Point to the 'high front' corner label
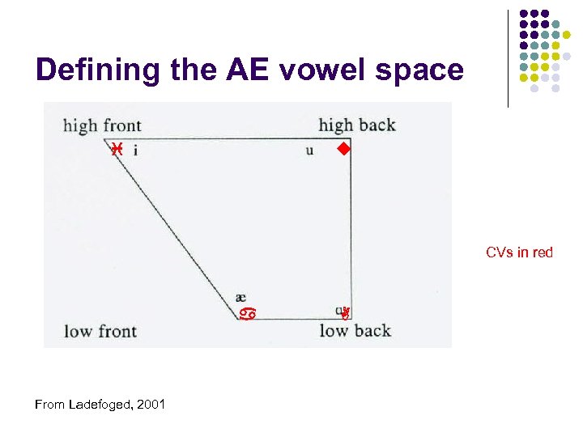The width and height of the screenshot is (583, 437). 102,125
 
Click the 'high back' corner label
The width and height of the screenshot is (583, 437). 357,125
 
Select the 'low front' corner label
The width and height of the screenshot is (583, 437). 100,331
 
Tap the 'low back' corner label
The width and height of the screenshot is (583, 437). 355,330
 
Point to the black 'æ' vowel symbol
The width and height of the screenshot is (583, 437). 240,297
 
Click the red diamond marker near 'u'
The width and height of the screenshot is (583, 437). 343,149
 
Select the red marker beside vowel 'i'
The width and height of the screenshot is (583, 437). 117,149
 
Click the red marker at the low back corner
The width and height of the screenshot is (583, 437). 345,312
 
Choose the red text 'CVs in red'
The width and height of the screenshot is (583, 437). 519,252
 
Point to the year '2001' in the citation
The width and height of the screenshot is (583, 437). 151,404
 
